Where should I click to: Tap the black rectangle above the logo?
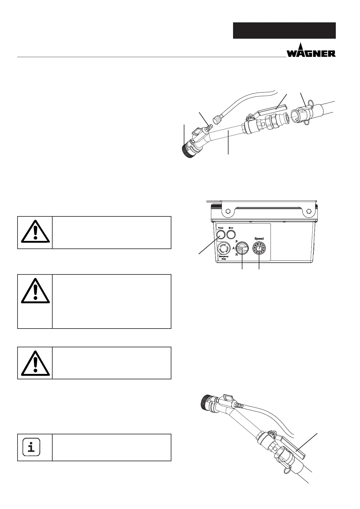point(284,30)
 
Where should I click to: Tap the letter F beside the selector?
point(236,241)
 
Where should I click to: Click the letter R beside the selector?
point(236,255)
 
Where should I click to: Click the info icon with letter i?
point(31,448)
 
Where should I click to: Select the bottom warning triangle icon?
point(35,362)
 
